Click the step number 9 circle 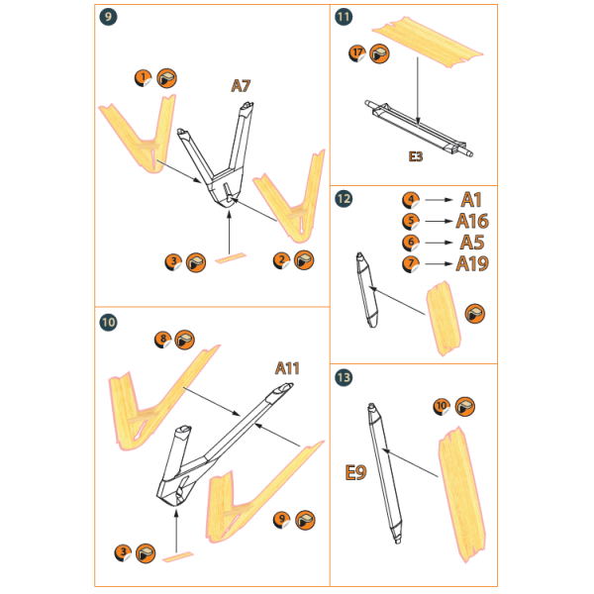click(x=108, y=17)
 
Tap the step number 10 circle click(x=108, y=322)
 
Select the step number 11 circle click(x=344, y=17)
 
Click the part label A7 click(x=242, y=87)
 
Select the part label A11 click(x=287, y=368)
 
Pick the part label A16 click(x=473, y=220)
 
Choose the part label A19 click(x=473, y=263)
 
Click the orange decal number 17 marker click(x=357, y=52)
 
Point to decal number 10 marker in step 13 click(x=442, y=406)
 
